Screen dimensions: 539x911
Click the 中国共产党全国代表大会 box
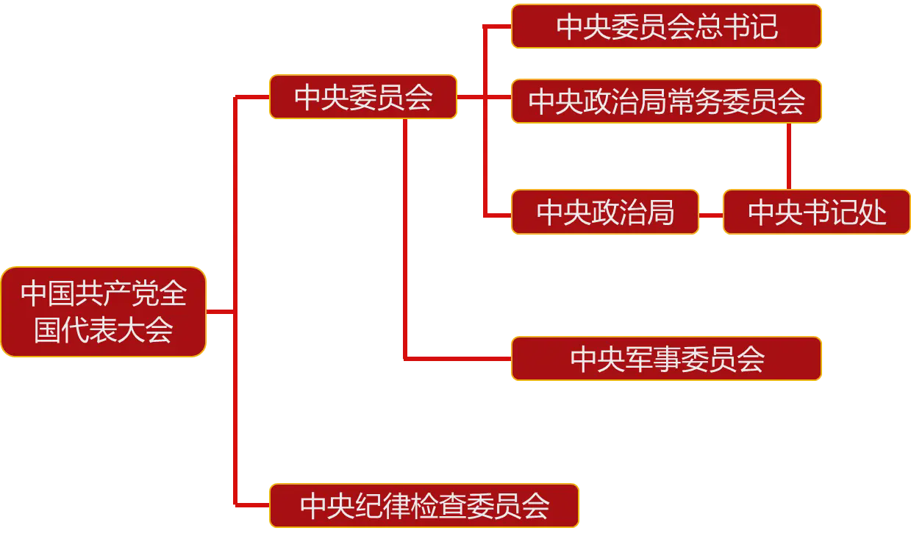point(103,312)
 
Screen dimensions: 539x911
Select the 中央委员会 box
point(362,97)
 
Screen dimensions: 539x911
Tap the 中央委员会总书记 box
point(666,26)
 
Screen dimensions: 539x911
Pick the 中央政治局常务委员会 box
point(666,101)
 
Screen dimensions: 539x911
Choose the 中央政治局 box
point(604,213)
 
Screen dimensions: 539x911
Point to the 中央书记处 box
point(817,213)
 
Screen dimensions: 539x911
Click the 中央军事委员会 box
point(666,359)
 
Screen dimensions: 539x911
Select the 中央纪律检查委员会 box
point(424,506)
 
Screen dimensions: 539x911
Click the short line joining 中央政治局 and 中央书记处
point(711,215)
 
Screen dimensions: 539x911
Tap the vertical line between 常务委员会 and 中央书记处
point(789,156)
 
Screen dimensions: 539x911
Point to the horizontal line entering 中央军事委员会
point(457,359)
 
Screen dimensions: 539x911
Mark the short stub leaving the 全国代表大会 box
point(220,312)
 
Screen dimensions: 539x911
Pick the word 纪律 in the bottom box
point(392,507)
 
